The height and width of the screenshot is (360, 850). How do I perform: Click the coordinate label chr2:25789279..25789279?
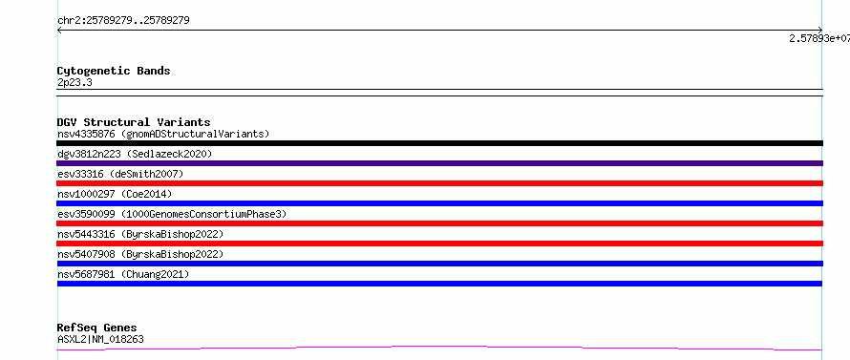coord(123,21)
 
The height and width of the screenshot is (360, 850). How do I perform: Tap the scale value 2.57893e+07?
coord(819,38)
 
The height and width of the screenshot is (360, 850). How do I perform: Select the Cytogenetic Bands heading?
coord(114,71)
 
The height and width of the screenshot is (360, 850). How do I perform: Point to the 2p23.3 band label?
coord(74,82)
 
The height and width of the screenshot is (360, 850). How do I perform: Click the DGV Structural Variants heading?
coord(134,122)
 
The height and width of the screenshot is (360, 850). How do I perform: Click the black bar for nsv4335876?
coord(439,143)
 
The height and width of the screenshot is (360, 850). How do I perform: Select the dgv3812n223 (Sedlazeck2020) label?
coord(135,154)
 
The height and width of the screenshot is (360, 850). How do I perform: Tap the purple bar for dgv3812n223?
coord(439,163)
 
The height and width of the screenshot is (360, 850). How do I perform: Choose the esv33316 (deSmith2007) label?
coord(120,174)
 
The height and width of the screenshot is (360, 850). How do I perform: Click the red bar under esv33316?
coord(439,183)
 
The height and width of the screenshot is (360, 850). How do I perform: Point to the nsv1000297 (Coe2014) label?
coord(115,194)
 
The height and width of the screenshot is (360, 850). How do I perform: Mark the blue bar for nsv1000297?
coord(439,203)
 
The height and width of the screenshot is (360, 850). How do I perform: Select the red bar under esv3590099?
coord(439,223)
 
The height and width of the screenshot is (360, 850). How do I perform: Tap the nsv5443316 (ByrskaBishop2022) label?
coord(140,234)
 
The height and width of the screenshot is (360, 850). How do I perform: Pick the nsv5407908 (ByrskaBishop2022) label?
coord(140,254)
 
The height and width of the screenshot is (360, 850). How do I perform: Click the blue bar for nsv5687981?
coord(439,284)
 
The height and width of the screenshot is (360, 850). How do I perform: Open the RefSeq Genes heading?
coord(97,328)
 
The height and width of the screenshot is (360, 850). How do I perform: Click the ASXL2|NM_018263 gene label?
coord(100,339)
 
